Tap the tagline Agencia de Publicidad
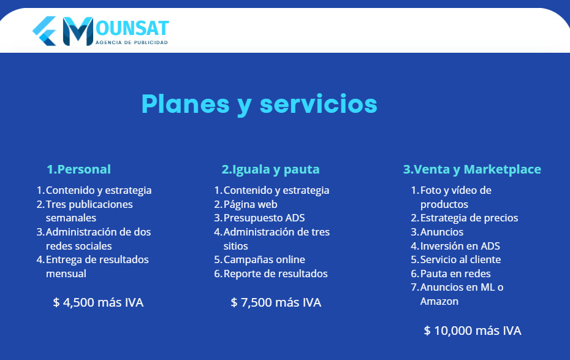click(132, 42)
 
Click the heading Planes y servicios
click(259, 104)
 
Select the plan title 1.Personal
click(79, 169)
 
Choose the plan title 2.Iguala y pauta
click(270, 169)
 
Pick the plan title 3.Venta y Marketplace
click(472, 169)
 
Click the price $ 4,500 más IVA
click(98, 302)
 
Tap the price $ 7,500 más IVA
click(276, 302)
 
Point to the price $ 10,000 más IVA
click(473, 331)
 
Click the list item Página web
click(250, 204)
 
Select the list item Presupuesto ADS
click(264, 218)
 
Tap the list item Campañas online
click(264, 259)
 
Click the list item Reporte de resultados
click(275, 274)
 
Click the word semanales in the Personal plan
click(70, 218)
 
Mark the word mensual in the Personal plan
click(66, 274)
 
